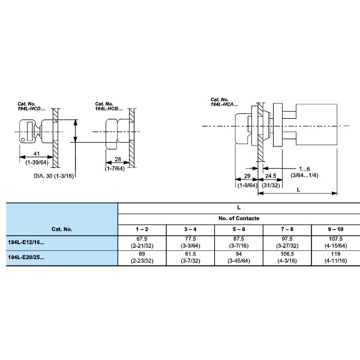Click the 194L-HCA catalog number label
[224, 101]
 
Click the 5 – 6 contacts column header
[239, 229]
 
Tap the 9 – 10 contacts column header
[335, 229]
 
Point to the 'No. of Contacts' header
[239, 218]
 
